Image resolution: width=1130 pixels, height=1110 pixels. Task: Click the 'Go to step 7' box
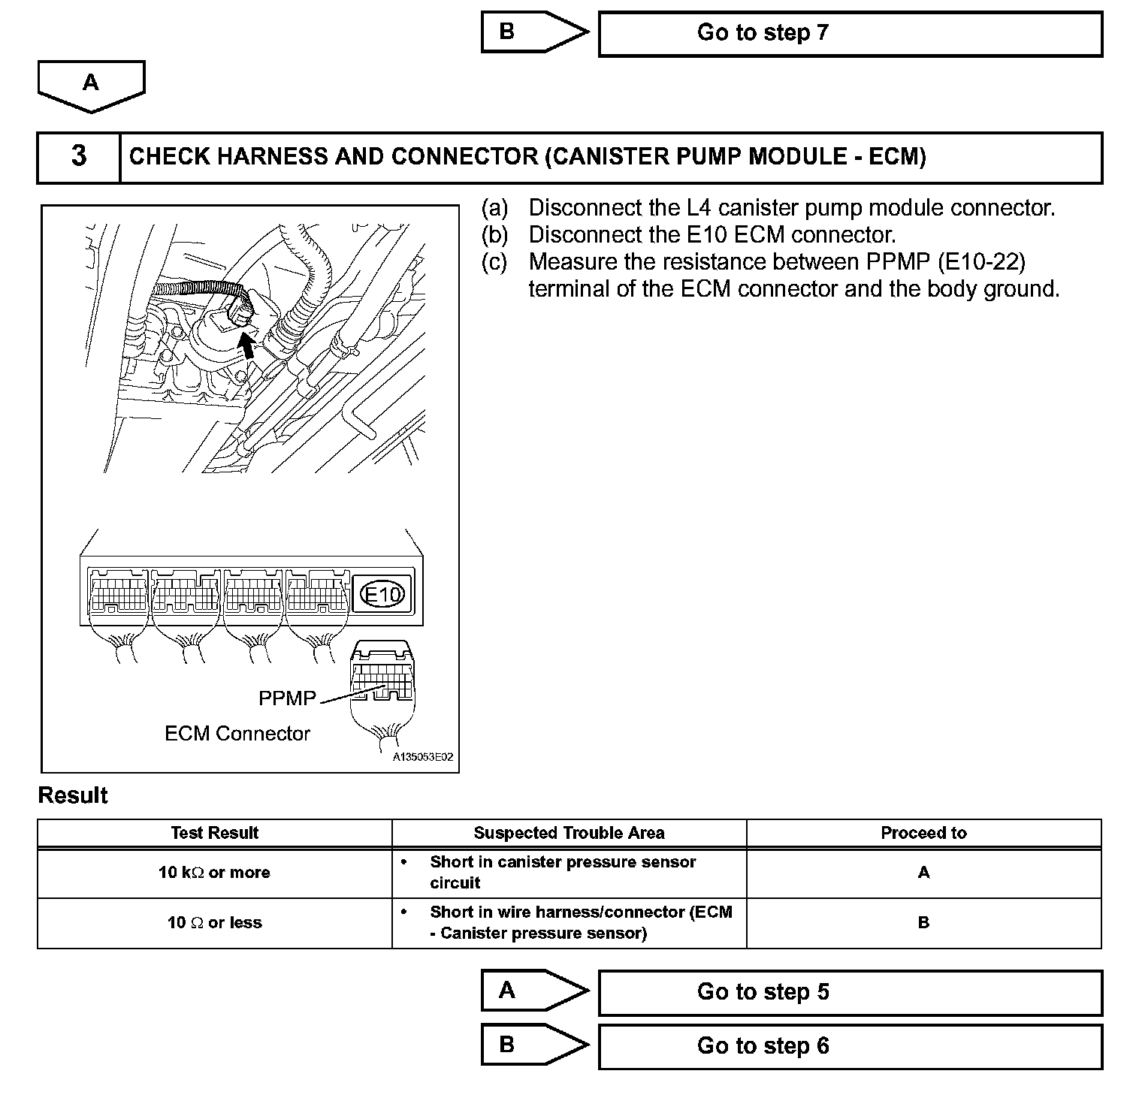click(850, 34)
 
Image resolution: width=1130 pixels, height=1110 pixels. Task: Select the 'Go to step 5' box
click(850, 992)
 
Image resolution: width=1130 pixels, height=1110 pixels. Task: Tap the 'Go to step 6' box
click(850, 1046)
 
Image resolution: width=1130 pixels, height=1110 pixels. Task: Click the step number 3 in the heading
click(79, 157)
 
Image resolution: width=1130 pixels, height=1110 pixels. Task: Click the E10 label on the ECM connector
click(383, 595)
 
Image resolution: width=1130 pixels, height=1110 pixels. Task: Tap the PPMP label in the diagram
click(287, 698)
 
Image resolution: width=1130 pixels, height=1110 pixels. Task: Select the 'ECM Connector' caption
click(237, 734)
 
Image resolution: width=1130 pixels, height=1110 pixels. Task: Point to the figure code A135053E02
click(423, 758)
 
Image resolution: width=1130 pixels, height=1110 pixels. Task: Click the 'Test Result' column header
click(214, 833)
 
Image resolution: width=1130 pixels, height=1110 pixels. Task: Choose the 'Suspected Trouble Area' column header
click(569, 833)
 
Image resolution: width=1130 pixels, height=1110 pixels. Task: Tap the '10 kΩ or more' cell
click(214, 873)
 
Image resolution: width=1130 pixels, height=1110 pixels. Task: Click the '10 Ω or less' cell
click(214, 923)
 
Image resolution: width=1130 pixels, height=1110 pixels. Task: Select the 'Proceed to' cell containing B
click(923, 923)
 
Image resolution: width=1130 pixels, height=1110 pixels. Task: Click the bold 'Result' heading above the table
click(73, 796)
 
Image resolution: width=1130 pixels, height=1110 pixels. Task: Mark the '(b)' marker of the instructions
click(494, 235)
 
